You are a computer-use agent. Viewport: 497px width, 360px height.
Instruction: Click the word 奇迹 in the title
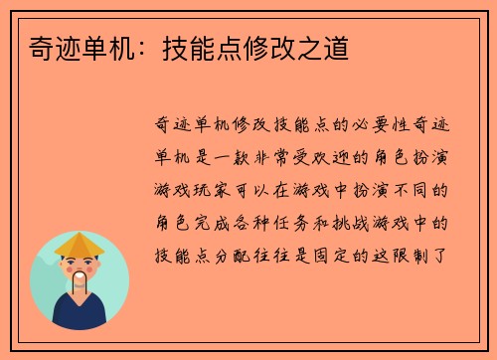coord(40,48)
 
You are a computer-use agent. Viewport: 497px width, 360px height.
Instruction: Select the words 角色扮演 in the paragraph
coord(423,157)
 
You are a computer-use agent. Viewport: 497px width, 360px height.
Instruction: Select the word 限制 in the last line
coord(423,253)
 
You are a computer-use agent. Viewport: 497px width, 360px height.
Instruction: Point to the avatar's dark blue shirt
coord(80,316)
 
